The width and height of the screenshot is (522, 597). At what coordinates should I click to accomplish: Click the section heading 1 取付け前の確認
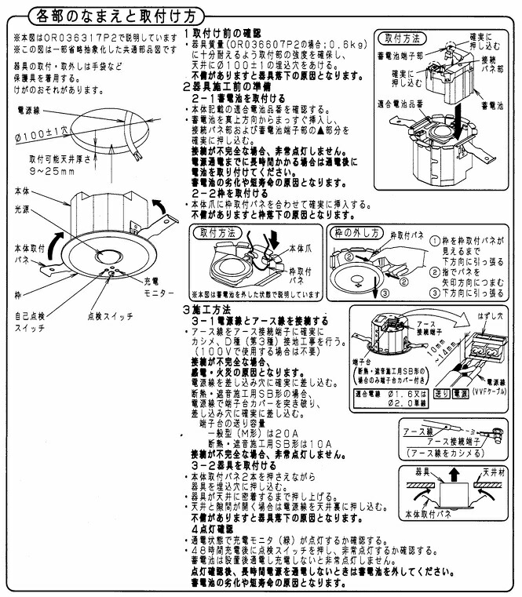[x=224, y=35]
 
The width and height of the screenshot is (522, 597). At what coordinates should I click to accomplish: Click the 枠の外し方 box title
[x=356, y=234]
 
